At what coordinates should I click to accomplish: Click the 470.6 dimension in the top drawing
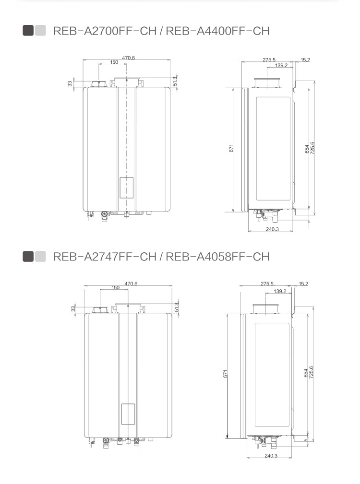pos(129,58)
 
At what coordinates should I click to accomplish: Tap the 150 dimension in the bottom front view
pos(115,288)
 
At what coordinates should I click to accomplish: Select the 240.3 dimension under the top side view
pos(272,229)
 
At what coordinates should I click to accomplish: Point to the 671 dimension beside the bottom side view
pos(226,374)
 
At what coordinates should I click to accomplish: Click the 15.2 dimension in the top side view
pos(305,60)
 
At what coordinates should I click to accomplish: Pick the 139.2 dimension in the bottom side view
pos(280,291)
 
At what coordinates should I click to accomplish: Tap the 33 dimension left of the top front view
pos(70,83)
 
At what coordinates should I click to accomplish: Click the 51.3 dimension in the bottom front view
pos(177,307)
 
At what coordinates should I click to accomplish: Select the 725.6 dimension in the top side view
pos(312,148)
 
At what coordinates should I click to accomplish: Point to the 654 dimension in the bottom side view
pos(306,373)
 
